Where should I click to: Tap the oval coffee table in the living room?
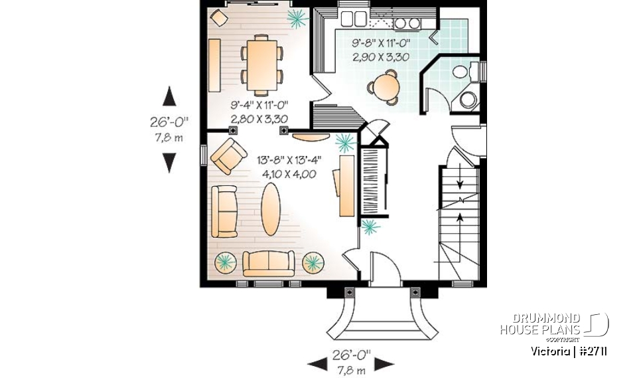coord(270,209)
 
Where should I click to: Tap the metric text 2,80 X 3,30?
coord(259,119)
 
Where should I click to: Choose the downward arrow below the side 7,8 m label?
coord(170,161)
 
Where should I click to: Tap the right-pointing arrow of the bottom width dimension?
coord(385,363)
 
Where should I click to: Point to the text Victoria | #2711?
coord(569,350)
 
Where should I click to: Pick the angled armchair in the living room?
coord(228,155)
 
